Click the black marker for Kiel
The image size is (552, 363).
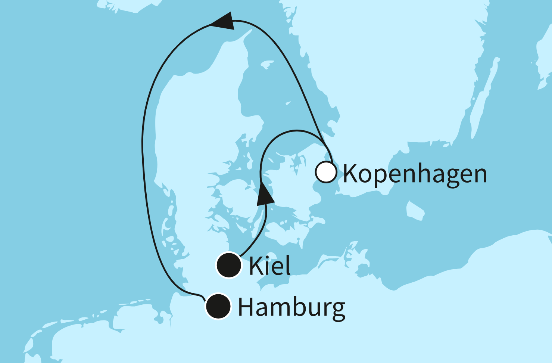click(229, 265)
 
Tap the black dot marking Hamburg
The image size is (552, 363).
click(218, 306)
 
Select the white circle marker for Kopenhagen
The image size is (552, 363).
click(326, 172)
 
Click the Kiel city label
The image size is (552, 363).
click(269, 266)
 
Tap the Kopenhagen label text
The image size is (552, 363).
click(415, 174)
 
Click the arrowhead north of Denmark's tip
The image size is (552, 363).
click(224, 21)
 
